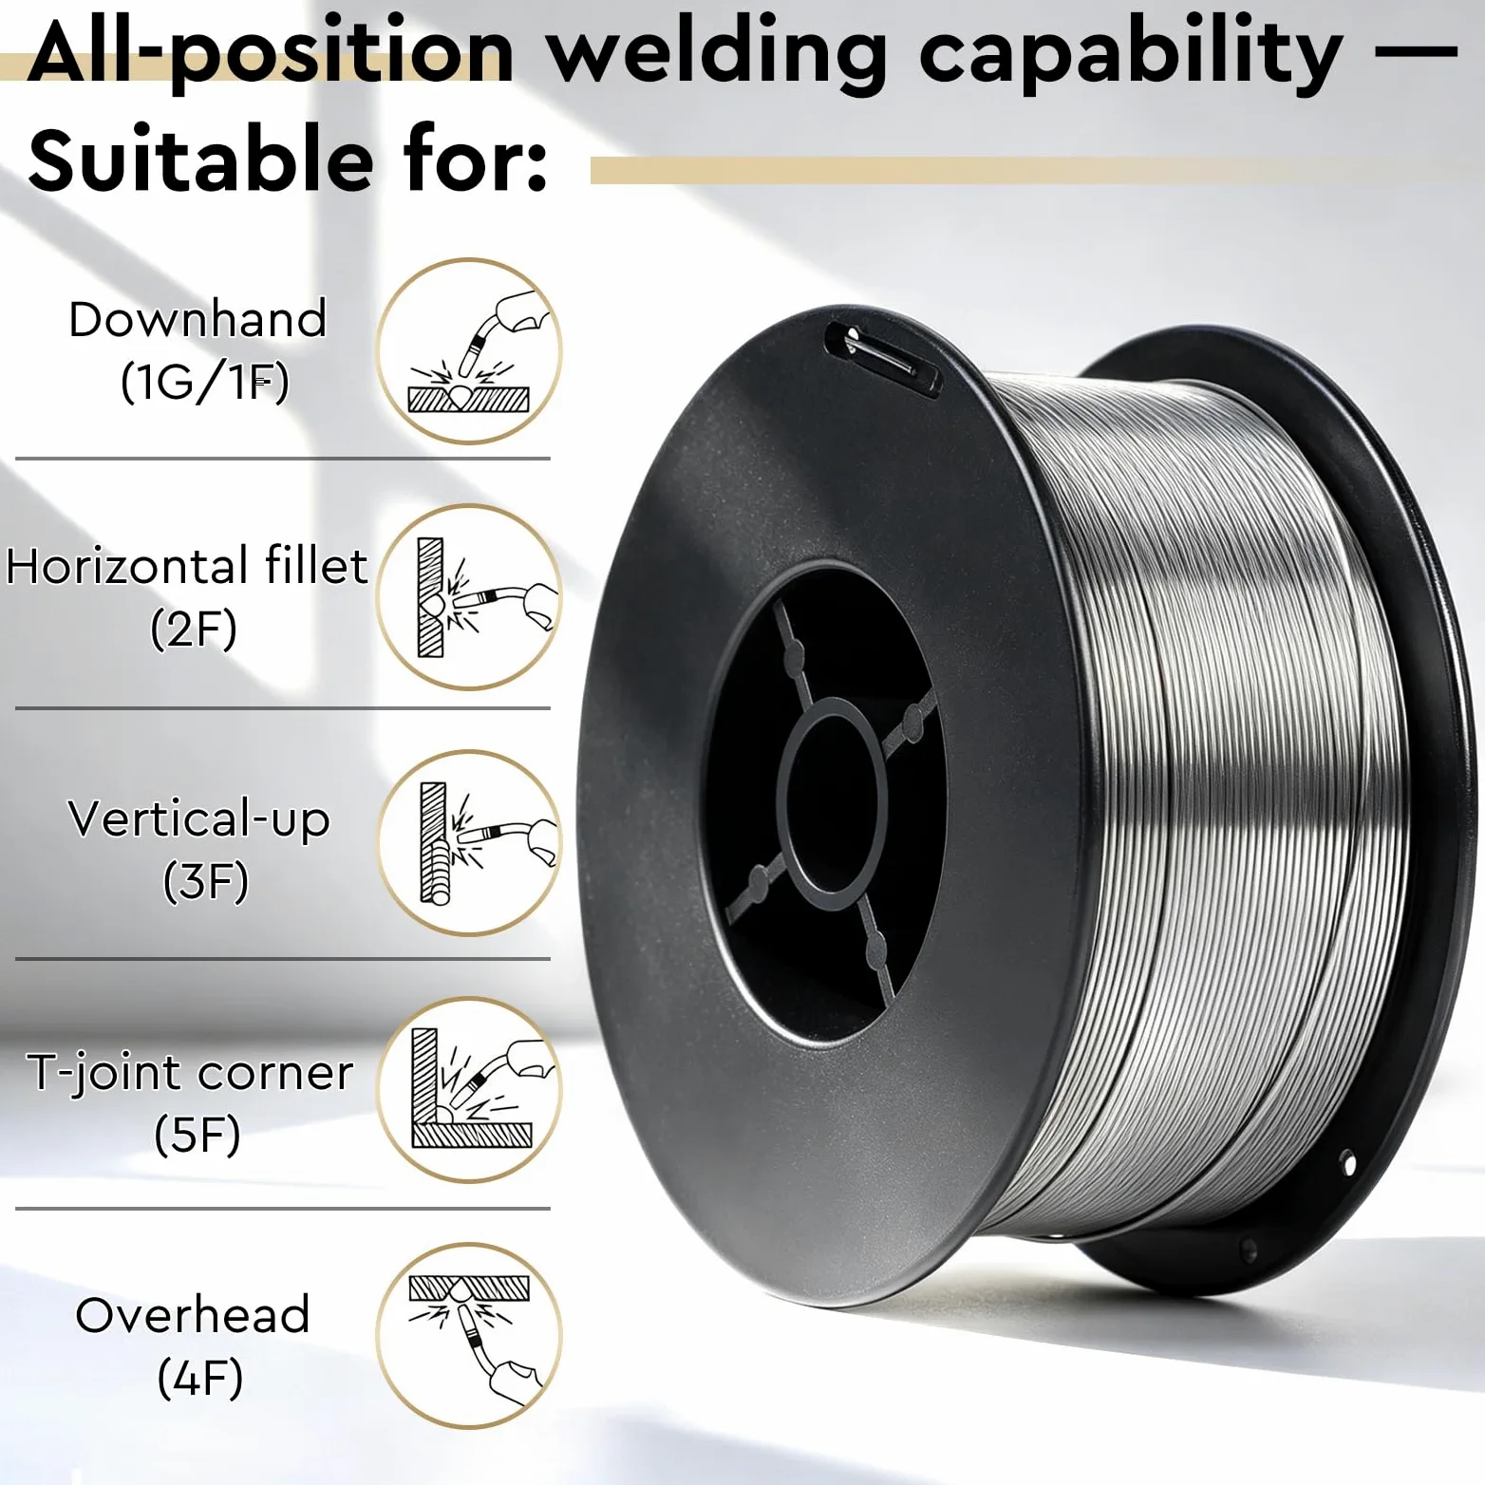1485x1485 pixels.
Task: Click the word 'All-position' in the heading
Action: [x=272, y=52]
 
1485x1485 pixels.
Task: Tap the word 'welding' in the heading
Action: [x=719, y=52]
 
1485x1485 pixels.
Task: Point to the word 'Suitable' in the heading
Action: [x=201, y=159]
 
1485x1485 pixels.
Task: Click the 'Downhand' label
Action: [x=197, y=319]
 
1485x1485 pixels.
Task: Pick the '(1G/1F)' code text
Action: [x=205, y=382]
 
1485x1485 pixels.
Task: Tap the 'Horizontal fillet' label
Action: [x=187, y=566]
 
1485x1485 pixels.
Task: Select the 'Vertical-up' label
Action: [x=199, y=818]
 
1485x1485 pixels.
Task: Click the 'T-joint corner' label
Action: [x=190, y=1073]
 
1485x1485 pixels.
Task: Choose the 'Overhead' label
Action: [x=193, y=1316]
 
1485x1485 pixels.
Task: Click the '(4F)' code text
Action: [x=200, y=1378]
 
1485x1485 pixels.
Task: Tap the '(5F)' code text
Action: [x=197, y=1135]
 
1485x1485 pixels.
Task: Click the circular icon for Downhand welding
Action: [x=469, y=351]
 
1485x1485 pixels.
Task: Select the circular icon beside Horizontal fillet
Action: [x=469, y=597]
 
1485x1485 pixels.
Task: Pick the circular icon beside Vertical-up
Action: [x=469, y=843]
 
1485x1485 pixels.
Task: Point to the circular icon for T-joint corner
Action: [x=469, y=1090]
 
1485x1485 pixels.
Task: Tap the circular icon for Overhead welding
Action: [x=469, y=1336]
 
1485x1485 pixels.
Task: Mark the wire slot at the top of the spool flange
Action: [x=882, y=359]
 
